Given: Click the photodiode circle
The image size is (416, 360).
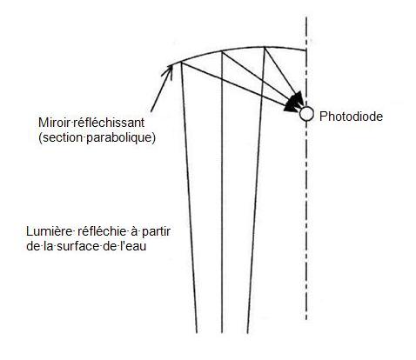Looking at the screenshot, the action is [306, 114].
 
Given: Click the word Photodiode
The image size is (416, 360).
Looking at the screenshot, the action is [351, 117].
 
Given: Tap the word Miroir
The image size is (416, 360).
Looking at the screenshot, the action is [54, 123].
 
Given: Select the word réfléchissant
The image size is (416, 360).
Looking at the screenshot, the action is [108, 123].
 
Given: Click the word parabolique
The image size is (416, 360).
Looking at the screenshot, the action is [121, 137].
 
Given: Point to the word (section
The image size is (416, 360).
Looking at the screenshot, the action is [62, 137].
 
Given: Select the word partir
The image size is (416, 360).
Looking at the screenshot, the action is [156, 231].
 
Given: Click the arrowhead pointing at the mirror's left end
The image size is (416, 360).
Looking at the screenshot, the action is [168, 71].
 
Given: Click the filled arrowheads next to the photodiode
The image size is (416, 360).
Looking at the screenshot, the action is [294, 102].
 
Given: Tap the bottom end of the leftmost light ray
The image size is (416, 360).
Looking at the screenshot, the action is [197, 333].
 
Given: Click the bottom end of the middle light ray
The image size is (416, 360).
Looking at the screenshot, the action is [222, 333].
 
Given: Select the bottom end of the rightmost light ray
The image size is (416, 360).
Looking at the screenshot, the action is [247, 333].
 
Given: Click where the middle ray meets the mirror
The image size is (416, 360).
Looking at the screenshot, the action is [222, 51].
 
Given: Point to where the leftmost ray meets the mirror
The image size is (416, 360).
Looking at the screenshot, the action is [181, 62].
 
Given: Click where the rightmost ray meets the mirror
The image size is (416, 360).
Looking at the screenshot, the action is [265, 47].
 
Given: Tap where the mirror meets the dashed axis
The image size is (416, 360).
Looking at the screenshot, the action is [306, 50].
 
